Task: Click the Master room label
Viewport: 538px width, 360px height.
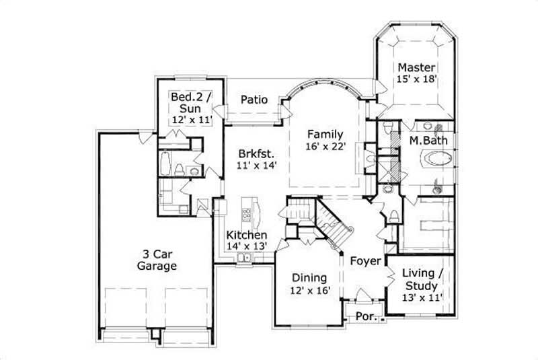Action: coord(416,67)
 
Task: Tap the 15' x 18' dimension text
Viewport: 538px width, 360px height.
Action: coord(416,79)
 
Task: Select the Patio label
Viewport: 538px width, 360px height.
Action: coord(254,100)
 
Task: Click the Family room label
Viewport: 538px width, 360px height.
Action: coord(325,134)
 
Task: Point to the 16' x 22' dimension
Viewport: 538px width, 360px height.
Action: coord(325,147)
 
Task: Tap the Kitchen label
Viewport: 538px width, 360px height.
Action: coord(247,235)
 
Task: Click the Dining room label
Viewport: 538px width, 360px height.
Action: coord(309,277)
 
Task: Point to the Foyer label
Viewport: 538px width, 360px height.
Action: coord(366,260)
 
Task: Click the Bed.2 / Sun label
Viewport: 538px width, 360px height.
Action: coord(191,102)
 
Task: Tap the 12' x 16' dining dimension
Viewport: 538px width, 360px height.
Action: coord(309,291)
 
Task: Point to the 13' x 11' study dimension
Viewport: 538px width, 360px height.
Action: coord(422,297)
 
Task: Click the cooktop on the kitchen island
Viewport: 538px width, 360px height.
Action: coord(247,215)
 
